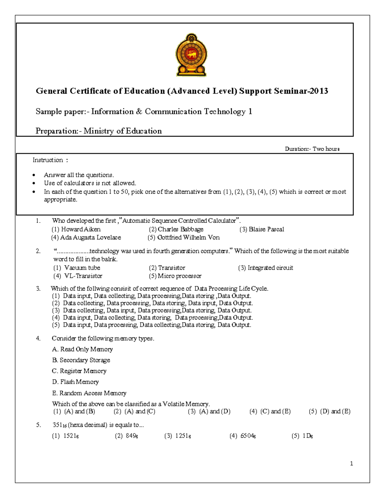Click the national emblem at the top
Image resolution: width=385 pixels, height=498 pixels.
[x=191, y=55]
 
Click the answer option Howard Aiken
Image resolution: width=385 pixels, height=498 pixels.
[x=76, y=229]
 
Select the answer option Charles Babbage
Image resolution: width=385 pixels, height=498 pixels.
[x=176, y=229]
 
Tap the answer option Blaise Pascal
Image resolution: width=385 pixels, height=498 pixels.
[x=262, y=229]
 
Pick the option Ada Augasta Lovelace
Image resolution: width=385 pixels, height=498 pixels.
[x=86, y=238]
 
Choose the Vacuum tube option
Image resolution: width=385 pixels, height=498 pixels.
[x=77, y=268]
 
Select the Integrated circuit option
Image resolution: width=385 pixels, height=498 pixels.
[x=266, y=268]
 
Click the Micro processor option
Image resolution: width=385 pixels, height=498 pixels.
[x=175, y=276]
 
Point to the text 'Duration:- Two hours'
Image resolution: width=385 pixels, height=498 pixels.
[x=312, y=149]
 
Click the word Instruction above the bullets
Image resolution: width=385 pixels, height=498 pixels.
[x=48, y=160]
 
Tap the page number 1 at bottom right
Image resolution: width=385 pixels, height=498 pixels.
[x=352, y=463]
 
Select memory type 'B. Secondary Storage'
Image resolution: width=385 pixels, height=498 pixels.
[x=81, y=360]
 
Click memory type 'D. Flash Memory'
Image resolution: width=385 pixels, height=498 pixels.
[x=75, y=382]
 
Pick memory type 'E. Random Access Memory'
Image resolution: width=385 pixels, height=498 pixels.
[x=89, y=393]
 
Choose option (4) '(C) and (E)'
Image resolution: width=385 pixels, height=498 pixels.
[x=270, y=411]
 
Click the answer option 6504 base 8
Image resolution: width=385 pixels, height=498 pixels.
[x=243, y=436]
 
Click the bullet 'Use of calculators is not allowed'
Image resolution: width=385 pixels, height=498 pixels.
[x=90, y=183]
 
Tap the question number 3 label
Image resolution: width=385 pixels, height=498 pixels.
[x=38, y=289]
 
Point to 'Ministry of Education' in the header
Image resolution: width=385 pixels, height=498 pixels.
[x=123, y=131]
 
